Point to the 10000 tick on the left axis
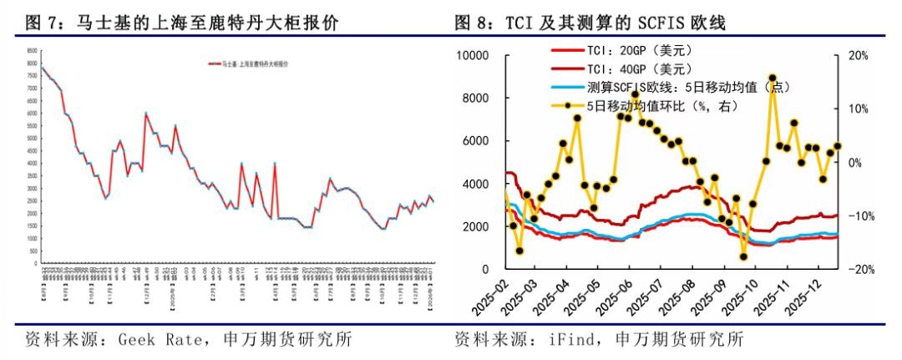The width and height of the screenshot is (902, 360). pyautogui.click(x=479, y=55)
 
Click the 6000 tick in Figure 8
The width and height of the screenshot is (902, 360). pyautogui.click(x=483, y=141)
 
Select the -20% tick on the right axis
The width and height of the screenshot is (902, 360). pyautogui.click(x=858, y=269)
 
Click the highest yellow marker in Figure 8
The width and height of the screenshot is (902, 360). pyautogui.click(x=773, y=78)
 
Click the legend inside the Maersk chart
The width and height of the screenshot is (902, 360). pyautogui.click(x=247, y=63)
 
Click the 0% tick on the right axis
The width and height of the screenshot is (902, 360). pyautogui.click(x=854, y=162)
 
